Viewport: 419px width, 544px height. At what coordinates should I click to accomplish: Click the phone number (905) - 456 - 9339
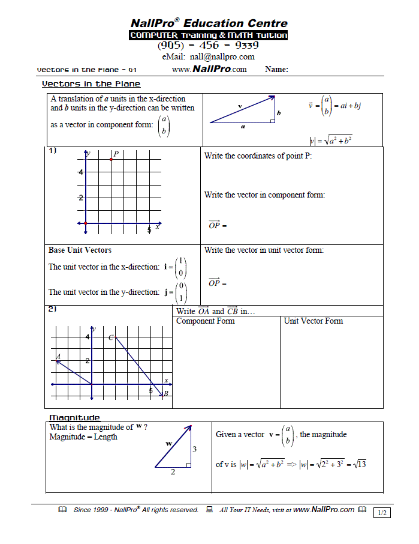click(x=208, y=46)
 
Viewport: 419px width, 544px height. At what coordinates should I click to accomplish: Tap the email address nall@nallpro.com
click(x=208, y=57)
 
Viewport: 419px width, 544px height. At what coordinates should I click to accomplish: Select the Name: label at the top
click(x=276, y=70)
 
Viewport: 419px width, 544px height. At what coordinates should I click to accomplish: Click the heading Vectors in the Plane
click(x=91, y=84)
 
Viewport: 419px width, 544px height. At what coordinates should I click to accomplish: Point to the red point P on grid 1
click(x=111, y=160)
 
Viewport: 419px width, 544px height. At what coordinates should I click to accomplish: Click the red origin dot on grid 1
click(x=86, y=223)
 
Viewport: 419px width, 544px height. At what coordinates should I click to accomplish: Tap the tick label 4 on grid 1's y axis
click(x=80, y=172)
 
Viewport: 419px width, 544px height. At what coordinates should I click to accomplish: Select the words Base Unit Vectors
click(x=80, y=250)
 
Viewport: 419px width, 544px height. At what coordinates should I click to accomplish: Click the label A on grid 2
click(x=59, y=357)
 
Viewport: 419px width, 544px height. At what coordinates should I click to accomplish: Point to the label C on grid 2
click(x=111, y=338)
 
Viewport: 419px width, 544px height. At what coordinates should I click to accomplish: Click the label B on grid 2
click(x=166, y=393)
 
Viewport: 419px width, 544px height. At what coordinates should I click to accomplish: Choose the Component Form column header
click(x=206, y=321)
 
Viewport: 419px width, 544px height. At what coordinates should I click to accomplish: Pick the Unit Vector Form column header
click(x=314, y=321)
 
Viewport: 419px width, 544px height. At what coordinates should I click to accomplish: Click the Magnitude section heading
click(x=74, y=417)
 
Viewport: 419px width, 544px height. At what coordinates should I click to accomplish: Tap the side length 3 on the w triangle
click(x=194, y=449)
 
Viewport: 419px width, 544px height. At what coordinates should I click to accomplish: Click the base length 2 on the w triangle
click(x=173, y=473)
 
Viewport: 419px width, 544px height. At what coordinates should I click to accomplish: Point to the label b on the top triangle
click(x=279, y=112)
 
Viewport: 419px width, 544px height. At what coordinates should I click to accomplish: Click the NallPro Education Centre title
click(x=209, y=23)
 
